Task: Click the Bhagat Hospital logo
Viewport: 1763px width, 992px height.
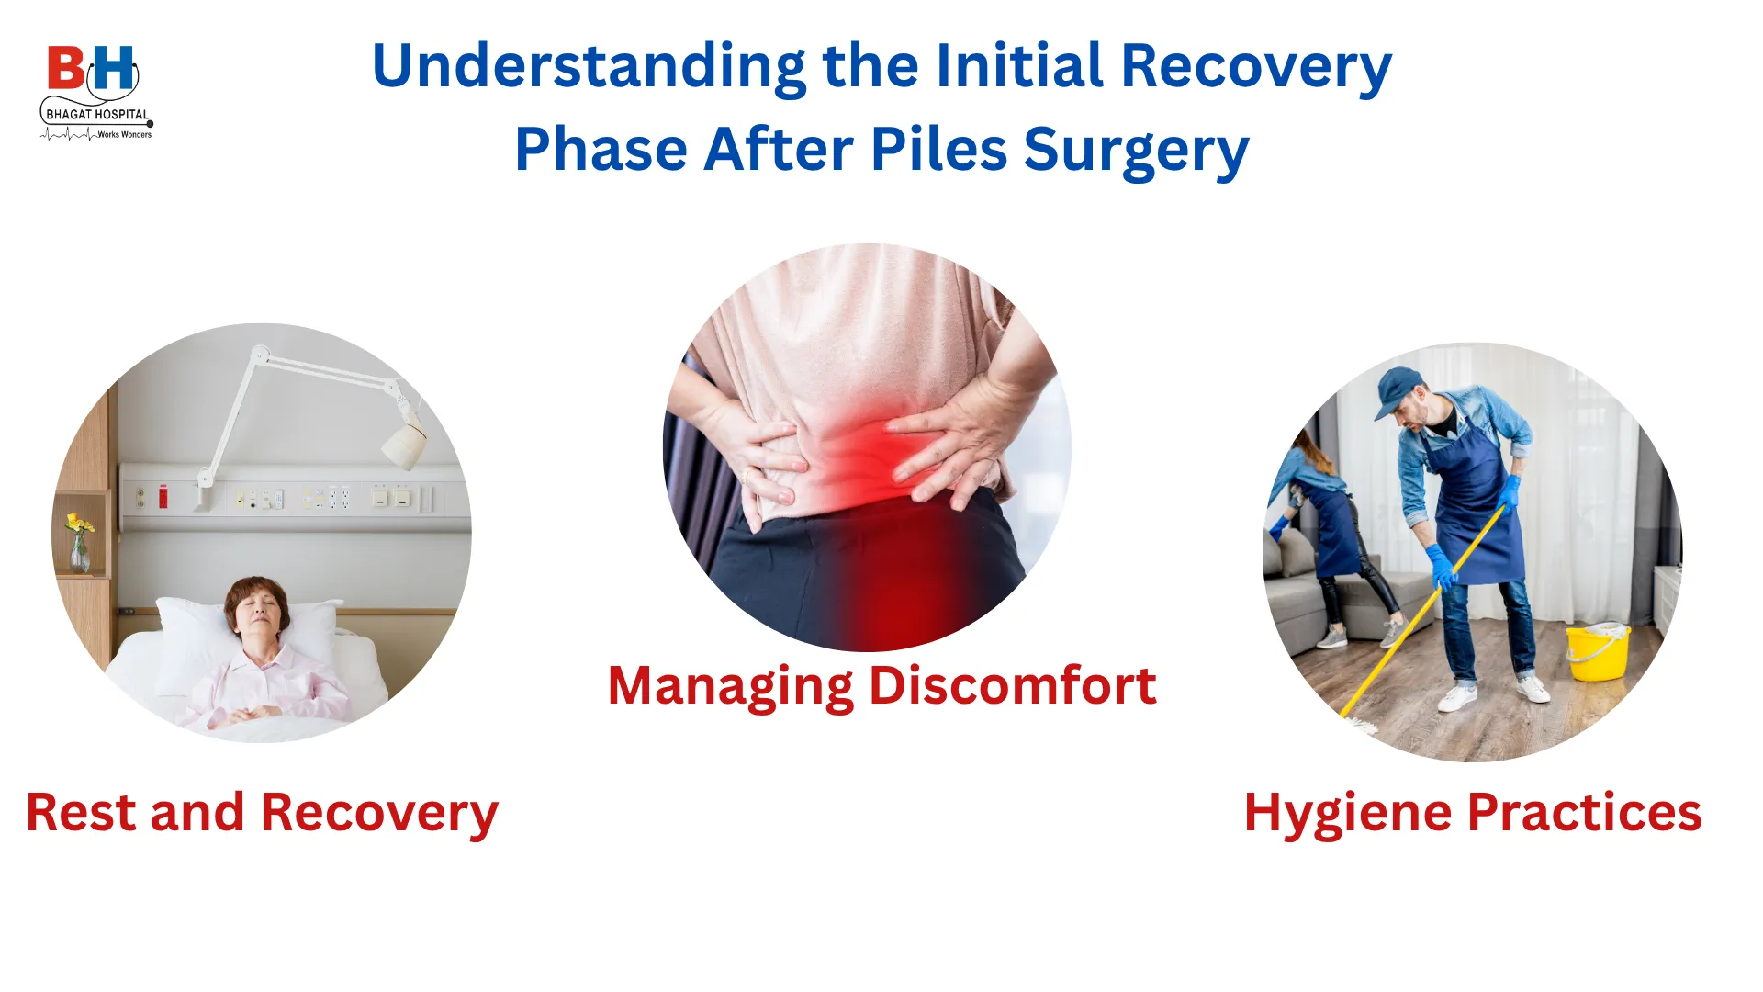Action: point(96,93)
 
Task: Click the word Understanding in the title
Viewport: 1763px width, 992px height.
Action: point(589,68)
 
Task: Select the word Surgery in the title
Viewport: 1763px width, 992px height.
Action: point(1136,152)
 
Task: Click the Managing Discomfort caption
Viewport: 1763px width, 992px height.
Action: point(881,687)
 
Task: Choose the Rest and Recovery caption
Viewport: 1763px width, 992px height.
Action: point(262,814)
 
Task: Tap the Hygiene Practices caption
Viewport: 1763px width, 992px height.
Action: point(1473,814)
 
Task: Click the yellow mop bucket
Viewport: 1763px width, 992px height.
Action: point(1598,651)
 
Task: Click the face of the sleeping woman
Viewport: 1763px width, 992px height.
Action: point(256,614)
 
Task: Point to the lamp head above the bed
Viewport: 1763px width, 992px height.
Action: point(404,444)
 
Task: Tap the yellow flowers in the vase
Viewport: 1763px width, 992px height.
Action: point(79,524)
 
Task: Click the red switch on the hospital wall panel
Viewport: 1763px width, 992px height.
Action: point(163,497)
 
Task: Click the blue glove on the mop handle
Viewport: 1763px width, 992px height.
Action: point(1442,566)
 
